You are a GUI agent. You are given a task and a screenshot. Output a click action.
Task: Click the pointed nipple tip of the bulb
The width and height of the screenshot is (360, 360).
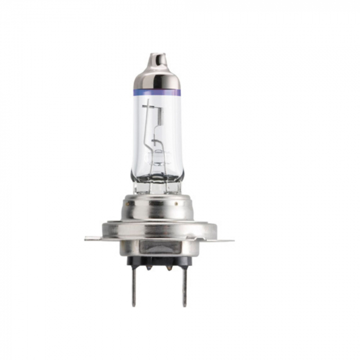pyautogui.click(x=157, y=56)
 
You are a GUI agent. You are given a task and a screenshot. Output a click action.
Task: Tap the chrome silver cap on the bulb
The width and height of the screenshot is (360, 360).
pyautogui.click(x=157, y=77)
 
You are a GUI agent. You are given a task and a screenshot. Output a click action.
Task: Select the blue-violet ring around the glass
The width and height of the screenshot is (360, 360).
pyautogui.click(x=157, y=93)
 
